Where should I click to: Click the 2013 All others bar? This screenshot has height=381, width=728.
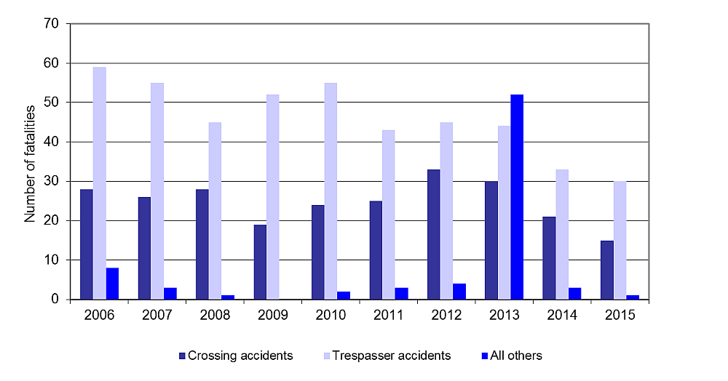click(517, 197)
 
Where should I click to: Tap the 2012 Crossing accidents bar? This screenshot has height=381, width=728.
click(433, 234)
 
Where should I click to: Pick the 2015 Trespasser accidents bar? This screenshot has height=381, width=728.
click(620, 240)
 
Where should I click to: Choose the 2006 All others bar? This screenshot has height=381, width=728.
click(112, 284)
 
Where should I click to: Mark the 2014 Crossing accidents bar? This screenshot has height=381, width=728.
click(549, 258)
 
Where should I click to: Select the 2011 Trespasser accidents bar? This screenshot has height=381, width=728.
click(389, 214)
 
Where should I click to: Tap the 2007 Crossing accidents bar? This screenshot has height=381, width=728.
click(144, 248)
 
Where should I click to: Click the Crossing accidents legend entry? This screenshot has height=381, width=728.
click(236, 356)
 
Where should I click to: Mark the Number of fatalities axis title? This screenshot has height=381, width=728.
click(30, 162)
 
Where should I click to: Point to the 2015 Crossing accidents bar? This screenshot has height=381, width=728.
click(606, 270)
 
